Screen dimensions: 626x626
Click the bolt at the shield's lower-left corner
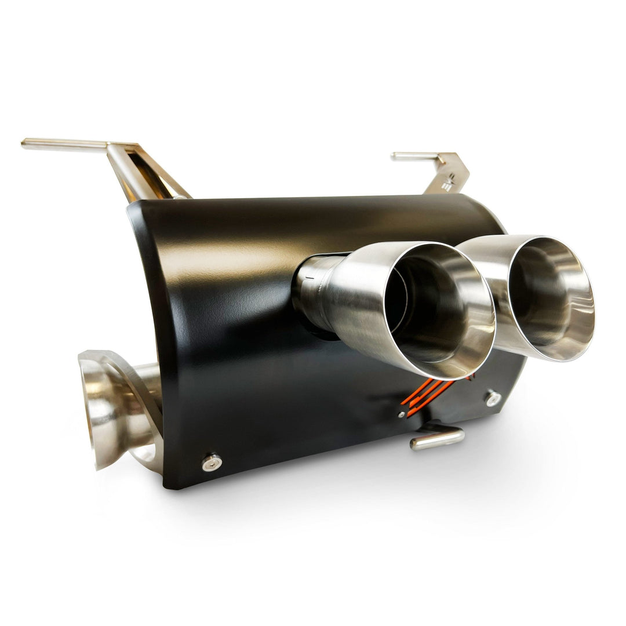(212, 461)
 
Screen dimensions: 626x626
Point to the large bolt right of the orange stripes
(493, 398)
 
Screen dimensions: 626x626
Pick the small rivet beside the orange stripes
(402, 414)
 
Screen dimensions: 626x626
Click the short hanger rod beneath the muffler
(438, 439)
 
